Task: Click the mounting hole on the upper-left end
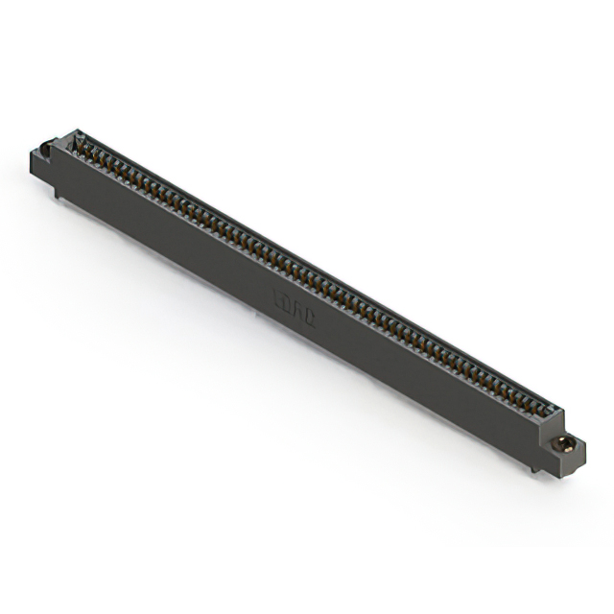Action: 45,151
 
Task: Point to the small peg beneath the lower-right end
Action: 527,469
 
